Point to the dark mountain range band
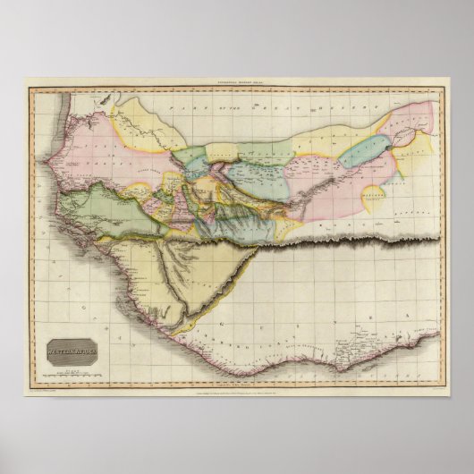click(340, 241)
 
